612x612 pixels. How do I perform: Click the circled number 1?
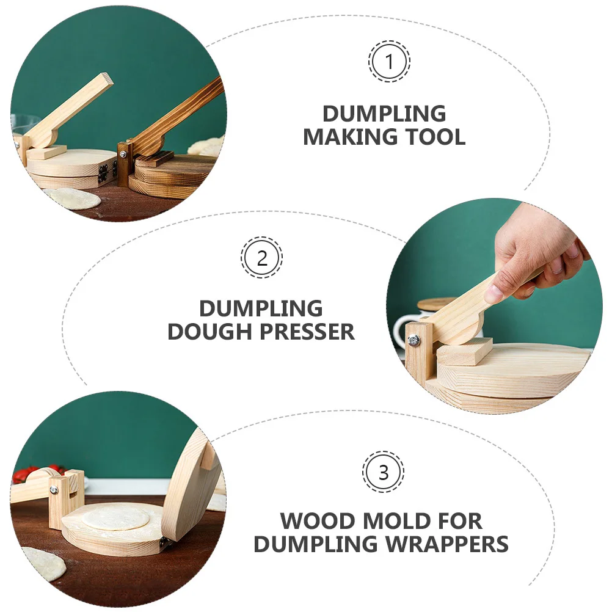(x=389, y=61)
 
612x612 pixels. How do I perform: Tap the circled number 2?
(x=261, y=258)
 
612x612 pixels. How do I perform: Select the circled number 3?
(x=383, y=472)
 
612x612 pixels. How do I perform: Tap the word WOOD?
(x=318, y=521)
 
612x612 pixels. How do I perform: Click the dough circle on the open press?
(x=115, y=519)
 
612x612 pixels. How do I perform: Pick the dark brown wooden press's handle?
(x=183, y=110)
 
